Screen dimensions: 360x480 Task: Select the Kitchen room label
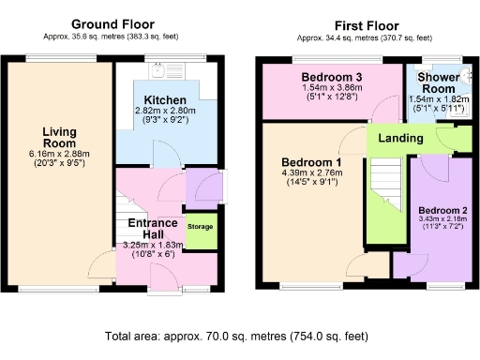point(165,100)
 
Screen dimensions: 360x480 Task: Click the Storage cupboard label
point(201,226)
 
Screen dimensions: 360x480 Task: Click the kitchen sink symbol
point(158,71)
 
